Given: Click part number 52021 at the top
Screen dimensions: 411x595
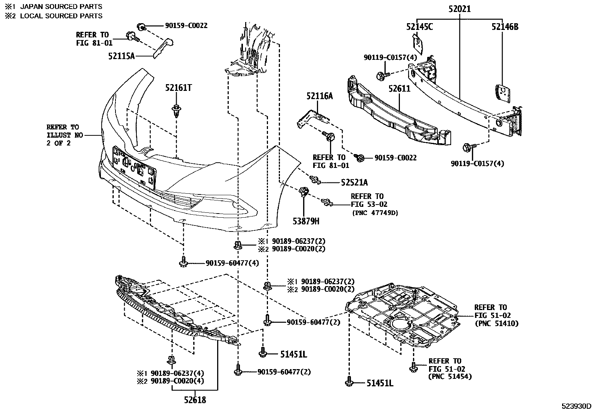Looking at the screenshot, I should (x=459, y=9).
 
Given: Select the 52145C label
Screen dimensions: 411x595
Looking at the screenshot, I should (x=419, y=27).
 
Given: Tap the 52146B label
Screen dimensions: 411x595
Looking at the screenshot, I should (x=505, y=27).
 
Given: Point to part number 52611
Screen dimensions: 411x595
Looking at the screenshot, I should (x=399, y=89).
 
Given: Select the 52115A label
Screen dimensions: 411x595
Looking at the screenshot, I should (x=121, y=56).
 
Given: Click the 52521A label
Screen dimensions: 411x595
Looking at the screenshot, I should (x=354, y=183).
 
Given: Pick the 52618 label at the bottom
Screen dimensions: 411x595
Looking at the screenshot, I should (x=195, y=400).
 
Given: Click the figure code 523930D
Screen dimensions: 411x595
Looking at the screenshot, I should (x=576, y=406).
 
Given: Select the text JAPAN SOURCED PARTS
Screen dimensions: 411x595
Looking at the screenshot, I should (x=61, y=6).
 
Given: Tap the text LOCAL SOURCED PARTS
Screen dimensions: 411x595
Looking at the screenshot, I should (x=61, y=16).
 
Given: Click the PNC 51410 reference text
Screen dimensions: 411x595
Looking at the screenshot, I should (x=496, y=323).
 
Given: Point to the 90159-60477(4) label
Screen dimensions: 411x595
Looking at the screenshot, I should (x=232, y=263).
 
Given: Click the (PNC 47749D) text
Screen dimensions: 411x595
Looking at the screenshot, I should (x=375, y=213).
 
